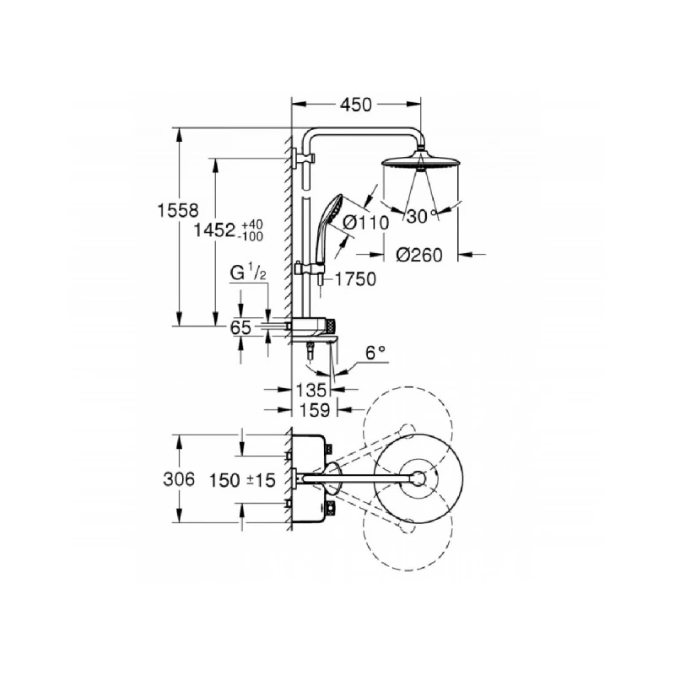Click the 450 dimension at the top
[x=355, y=105]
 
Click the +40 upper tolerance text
[x=252, y=224]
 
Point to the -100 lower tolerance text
[x=252, y=237]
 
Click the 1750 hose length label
[x=355, y=279]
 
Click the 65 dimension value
[x=240, y=328]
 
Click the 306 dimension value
[x=178, y=480]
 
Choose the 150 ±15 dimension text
[x=244, y=480]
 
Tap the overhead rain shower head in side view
[x=419, y=162]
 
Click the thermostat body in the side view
[x=316, y=327]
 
